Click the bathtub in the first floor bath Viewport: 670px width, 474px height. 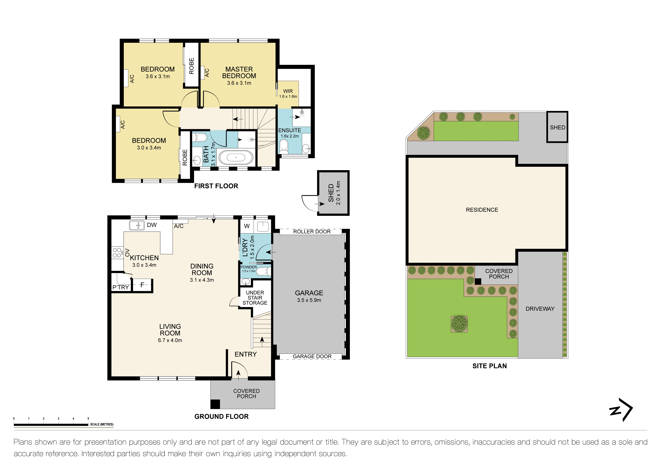click(x=236, y=158)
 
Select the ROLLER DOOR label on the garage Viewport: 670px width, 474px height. click(x=312, y=232)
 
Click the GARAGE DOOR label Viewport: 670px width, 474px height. click(x=312, y=357)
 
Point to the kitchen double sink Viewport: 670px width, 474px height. click(x=137, y=225)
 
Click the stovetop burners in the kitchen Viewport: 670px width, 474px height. click(x=117, y=253)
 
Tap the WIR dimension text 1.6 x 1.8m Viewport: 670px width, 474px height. click(x=288, y=97)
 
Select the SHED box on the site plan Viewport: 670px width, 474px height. click(x=557, y=127)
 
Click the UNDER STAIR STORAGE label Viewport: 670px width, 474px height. click(x=255, y=298)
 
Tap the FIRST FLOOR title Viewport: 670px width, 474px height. click(x=216, y=186)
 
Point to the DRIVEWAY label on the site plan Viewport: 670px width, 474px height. click(x=540, y=309)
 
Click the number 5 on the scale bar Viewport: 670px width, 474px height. click(x=88, y=419)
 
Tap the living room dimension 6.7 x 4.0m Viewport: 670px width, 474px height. click(x=170, y=340)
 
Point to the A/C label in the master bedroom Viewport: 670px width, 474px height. click(x=207, y=73)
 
